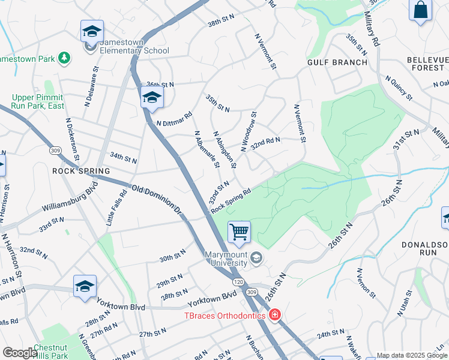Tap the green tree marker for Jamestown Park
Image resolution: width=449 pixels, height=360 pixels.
point(64,58)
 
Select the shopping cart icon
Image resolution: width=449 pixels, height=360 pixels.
point(239,232)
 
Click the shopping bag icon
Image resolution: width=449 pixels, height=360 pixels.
point(421,10)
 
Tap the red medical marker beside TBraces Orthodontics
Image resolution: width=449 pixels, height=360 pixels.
point(274,314)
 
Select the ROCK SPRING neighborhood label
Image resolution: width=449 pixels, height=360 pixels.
point(81,171)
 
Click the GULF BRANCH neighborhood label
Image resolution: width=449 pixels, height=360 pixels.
point(337,62)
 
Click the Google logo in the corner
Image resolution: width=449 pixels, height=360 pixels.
point(19,353)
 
